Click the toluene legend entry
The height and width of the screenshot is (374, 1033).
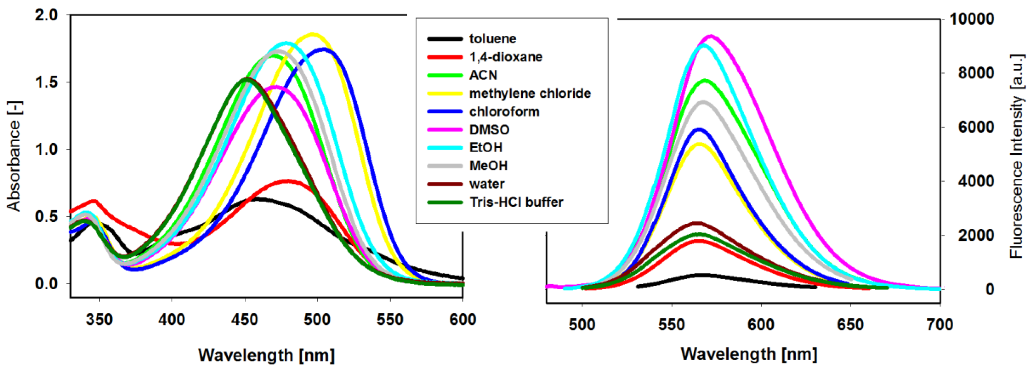(x=492, y=39)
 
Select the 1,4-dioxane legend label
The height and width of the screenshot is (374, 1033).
(x=506, y=57)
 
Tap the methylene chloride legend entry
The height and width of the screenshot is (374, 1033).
(x=530, y=93)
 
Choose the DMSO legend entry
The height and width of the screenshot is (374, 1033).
(x=489, y=130)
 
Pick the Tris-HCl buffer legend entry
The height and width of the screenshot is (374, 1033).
(x=516, y=202)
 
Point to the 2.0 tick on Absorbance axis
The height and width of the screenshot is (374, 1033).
(x=46, y=15)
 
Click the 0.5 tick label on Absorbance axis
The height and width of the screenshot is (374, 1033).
(x=46, y=217)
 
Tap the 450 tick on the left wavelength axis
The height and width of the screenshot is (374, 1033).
(x=245, y=320)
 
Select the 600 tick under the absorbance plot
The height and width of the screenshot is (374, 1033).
(x=463, y=320)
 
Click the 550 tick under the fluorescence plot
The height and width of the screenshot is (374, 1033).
(x=672, y=324)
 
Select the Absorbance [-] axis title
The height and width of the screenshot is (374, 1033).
(x=14, y=156)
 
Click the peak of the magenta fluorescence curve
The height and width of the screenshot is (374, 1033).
(x=711, y=36)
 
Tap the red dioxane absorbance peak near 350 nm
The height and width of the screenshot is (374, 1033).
(x=94, y=201)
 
